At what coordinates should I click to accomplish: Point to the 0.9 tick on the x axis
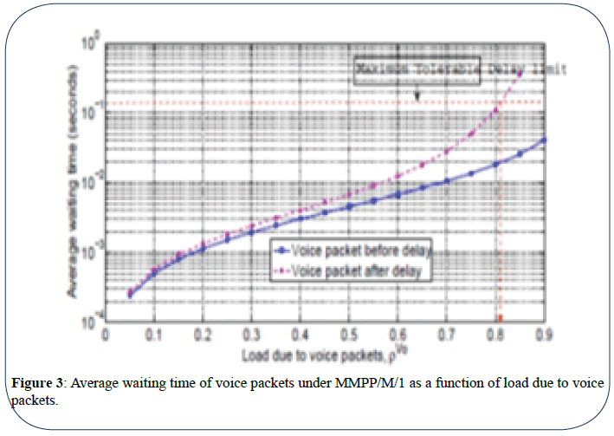(544, 334)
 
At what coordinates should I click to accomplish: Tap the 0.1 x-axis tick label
(154, 334)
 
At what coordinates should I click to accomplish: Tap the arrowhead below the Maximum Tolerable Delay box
(417, 98)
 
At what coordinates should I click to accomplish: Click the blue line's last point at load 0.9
(543, 140)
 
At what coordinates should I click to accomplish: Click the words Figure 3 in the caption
(37, 384)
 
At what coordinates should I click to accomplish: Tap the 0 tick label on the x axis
(106, 334)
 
